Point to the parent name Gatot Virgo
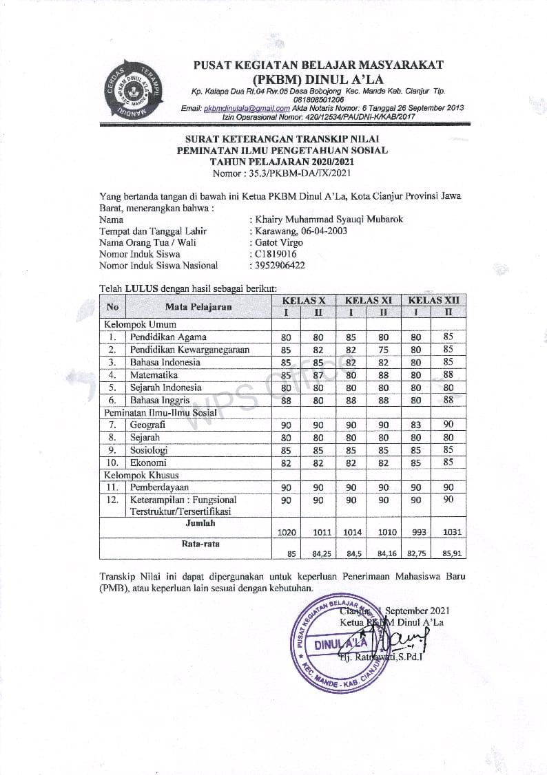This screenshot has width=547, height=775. pos(278,242)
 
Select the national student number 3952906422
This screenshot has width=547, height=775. pos(280,265)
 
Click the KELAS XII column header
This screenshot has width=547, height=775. pos(433,300)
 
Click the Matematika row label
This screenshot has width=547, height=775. pos(154,375)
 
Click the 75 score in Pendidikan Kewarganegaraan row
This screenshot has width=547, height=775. pos(384,350)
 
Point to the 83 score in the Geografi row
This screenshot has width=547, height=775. pos(416,425)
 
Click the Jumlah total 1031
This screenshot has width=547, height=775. pos(448,532)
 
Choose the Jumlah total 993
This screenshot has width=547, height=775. pos(416,532)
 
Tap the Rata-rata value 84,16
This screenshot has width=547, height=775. pos(384,552)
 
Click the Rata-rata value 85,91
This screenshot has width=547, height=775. pos(448,552)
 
